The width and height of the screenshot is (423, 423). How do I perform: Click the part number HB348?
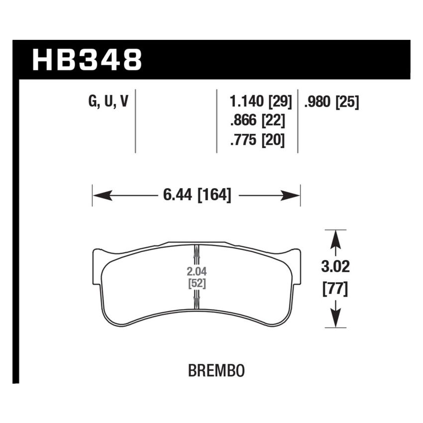87,60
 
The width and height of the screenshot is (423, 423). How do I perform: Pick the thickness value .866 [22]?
257,121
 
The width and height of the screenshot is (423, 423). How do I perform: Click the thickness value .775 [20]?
257,140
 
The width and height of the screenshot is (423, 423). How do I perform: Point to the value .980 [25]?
330,103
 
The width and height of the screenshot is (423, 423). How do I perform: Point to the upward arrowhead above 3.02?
336,238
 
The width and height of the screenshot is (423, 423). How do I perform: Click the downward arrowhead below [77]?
336,319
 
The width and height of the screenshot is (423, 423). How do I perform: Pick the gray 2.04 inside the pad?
197,272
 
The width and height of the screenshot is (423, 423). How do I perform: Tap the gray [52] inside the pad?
197,284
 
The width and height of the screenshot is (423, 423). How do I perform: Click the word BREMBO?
216,371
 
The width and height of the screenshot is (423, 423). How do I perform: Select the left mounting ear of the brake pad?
98,266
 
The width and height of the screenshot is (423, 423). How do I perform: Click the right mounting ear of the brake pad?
295,266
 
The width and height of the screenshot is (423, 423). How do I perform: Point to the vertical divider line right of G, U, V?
135,122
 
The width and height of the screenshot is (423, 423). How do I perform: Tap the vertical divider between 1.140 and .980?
298,122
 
